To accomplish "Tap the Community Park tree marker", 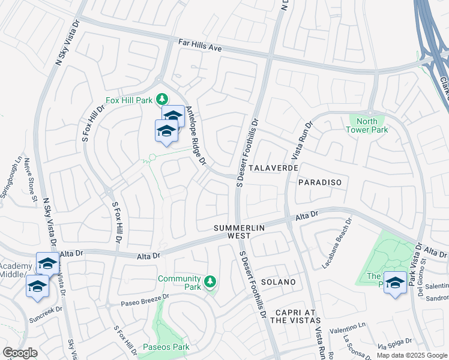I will click(x=209, y=281).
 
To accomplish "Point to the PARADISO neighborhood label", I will click(x=319, y=182).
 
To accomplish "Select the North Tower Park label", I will click(x=369, y=125).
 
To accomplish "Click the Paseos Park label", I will click(x=166, y=347).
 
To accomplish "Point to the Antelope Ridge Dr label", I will click(x=196, y=136).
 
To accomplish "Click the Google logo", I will click(x=20, y=353).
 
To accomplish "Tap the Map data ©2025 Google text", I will click(x=412, y=355).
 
